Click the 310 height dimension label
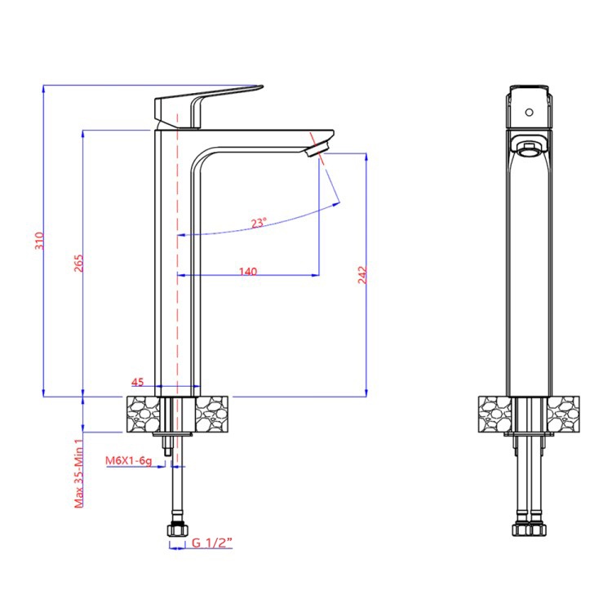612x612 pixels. (x=39, y=241)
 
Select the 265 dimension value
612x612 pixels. (x=79, y=263)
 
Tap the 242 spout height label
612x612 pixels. (x=362, y=275)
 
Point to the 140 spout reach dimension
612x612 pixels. (x=248, y=271)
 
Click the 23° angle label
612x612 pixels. (x=259, y=223)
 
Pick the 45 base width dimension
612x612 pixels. (x=137, y=382)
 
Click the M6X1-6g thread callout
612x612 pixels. (x=128, y=460)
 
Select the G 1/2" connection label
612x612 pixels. (x=212, y=543)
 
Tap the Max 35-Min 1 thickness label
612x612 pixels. (x=79, y=472)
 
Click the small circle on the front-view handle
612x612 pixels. (x=529, y=113)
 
